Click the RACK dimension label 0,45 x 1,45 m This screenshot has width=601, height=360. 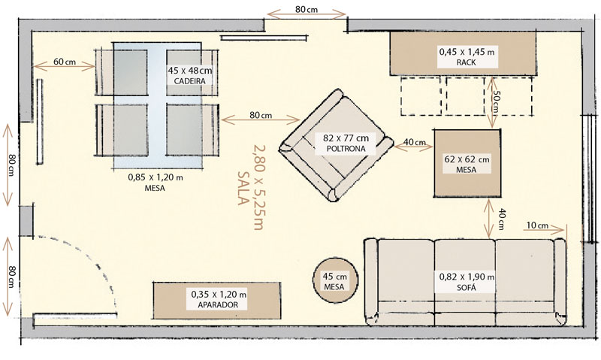click(466, 57)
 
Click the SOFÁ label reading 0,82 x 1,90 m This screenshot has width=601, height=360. click(466, 282)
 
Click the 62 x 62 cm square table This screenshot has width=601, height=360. click(466, 163)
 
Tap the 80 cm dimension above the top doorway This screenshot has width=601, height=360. click(307, 10)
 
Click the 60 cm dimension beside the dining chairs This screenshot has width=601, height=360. click(64, 62)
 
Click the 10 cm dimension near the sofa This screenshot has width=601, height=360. click(537, 225)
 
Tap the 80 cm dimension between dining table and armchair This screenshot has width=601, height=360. click(260, 116)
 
